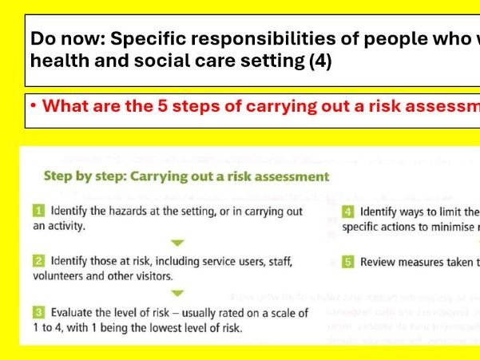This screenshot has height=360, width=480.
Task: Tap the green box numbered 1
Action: coord(38,212)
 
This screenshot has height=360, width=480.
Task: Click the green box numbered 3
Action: coord(38,313)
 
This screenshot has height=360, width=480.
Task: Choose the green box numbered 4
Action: coord(348,212)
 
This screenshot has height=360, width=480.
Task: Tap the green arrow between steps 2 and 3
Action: coord(178,293)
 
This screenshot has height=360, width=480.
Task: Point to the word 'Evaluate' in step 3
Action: coord(73,313)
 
